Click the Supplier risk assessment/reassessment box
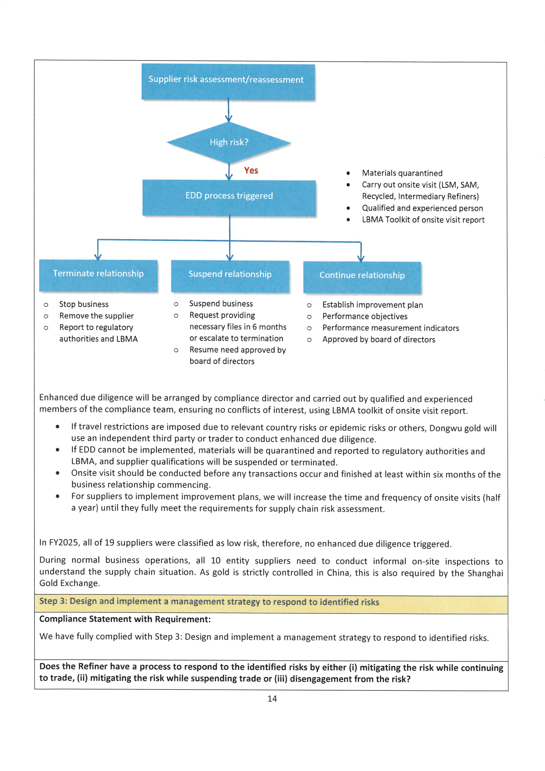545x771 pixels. [228, 82]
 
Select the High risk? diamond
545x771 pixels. [229, 142]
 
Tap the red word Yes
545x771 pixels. [251, 171]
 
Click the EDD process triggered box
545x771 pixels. [229, 197]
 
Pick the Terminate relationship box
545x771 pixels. [98, 275]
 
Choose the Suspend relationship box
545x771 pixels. [230, 276]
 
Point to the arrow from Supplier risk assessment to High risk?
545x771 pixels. [229, 110]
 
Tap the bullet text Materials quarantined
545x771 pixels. [402, 173]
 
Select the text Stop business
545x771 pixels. [84, 304]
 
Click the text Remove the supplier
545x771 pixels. [96, 316]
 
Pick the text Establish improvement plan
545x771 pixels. [372, 305]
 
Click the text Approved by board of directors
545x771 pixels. [378, 339]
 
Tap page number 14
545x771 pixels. [272, 698]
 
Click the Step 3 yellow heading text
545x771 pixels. [209, 602]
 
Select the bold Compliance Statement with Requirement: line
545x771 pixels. [125, 619]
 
